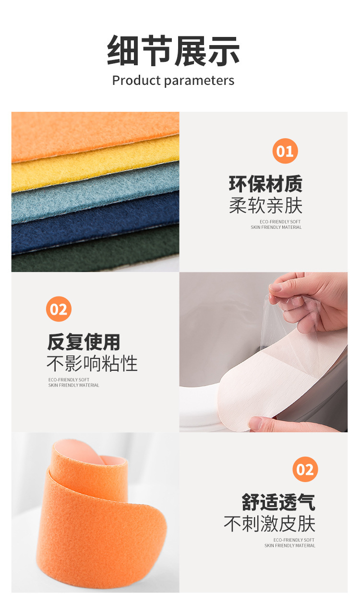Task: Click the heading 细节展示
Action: click(173, 51)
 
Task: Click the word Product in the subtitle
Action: click(134, 81)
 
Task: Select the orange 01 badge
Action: click(285, 151)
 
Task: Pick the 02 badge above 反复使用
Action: click(59, 309)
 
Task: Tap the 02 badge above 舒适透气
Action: click(305, 469)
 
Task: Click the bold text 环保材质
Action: click(265, 184)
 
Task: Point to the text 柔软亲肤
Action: click(265, 206)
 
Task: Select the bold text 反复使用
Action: click(84, 342)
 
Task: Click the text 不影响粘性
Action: click(92, 364)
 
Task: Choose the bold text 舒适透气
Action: click(278, 502)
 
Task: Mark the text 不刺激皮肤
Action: click(269, 524)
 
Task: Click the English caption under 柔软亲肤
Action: click(276, 225)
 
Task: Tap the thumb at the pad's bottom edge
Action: click(259, 423)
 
